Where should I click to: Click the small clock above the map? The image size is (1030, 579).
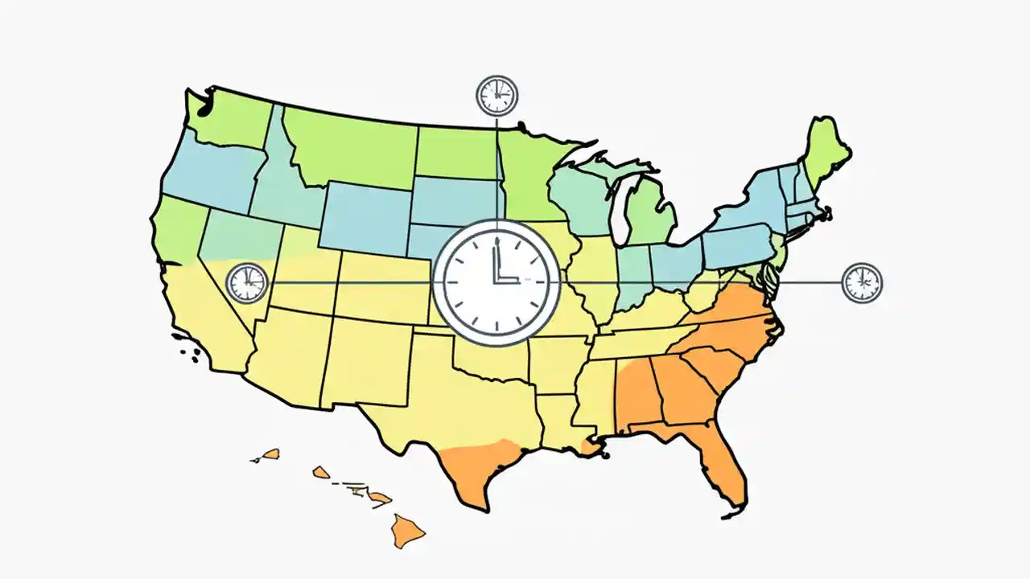497,96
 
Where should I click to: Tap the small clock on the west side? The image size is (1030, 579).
246,283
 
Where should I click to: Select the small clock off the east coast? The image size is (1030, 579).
862,282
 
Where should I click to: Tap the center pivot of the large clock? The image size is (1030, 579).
496,281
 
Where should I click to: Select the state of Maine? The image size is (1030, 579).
825,153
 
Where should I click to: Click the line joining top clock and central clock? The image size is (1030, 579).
497,169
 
